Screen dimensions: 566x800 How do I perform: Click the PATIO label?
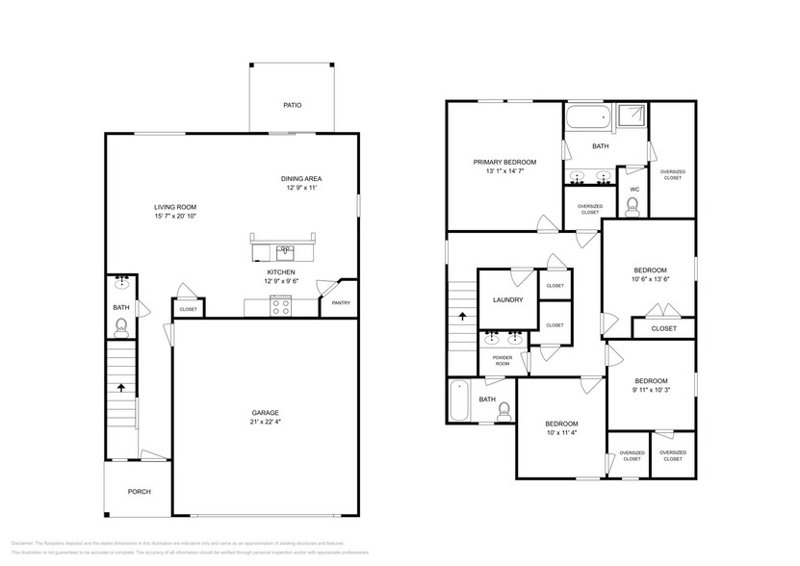(x=292, y=105)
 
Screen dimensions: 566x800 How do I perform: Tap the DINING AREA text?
(x=301, y=179)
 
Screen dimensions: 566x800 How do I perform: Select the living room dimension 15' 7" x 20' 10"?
(x=175, y=217)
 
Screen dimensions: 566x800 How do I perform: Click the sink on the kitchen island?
(x=284, y=252)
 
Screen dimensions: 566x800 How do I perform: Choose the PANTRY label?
(x=341, y=303)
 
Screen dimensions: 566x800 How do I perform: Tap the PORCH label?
(x=140, y=492)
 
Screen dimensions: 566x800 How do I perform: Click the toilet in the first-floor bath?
(x=121, y=327)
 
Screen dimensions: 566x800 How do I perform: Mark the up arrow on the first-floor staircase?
(x=121, y=387)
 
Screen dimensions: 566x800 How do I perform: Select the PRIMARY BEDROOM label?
(x=504, y=162)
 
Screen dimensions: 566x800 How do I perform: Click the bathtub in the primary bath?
(x=587, y=120)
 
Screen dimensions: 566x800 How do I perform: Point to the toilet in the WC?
(x=632, y=205)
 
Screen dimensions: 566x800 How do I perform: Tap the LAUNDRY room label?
(x=507, y=300)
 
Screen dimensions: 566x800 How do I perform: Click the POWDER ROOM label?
(x=502, y=360)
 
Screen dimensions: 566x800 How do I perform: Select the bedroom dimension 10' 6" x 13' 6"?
(x=650, y=281)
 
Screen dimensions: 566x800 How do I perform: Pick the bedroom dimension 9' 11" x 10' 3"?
(x=650, y=390)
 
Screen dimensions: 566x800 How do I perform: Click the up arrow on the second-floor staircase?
(x=462, y=316)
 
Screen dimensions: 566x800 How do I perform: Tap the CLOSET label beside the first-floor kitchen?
(x=188, y=309)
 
